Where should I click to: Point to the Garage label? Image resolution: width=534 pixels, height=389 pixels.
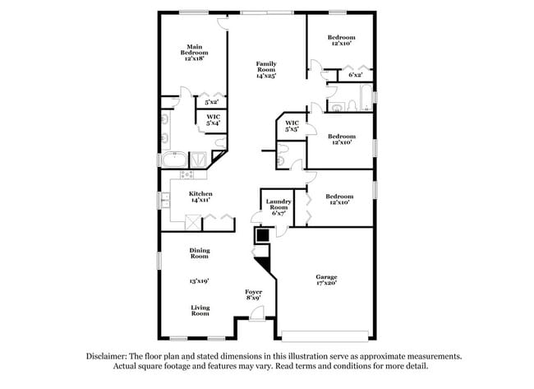tap(326, 277)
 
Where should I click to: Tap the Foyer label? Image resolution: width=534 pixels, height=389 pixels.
tap(253, 293)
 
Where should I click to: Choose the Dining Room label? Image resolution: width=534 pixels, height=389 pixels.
tap(200, 253)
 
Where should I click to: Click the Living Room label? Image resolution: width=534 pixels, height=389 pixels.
tap(200, 311)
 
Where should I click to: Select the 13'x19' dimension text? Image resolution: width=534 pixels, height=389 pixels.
tap(200, 281)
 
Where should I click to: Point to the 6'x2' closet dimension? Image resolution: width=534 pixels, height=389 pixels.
tap(356, 76)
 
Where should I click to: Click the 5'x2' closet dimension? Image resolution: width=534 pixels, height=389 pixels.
tap(211, 102)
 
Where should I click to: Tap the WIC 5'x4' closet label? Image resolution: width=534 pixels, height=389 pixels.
tap(213, 120)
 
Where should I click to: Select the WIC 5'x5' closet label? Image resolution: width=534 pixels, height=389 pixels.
tap(292, 127)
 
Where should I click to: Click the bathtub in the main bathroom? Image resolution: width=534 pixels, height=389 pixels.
tap(173, 159)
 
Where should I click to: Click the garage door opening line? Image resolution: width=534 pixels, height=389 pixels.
tap(326, 335)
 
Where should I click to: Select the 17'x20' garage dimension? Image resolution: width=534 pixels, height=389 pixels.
tap(326, 284)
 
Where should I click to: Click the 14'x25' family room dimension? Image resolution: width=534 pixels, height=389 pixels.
tap(265, 76)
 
